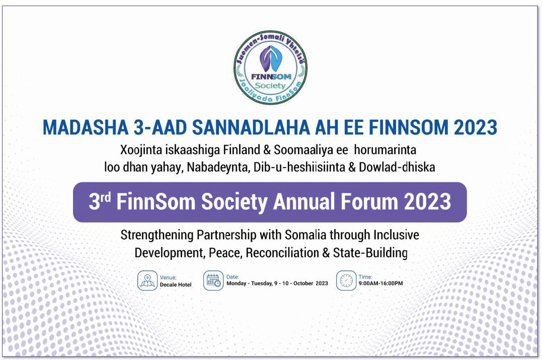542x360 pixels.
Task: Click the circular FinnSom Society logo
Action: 270,67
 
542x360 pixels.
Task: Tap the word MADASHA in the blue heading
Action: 86,127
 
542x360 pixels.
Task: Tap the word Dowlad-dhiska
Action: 397,167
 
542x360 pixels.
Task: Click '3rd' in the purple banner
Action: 100,201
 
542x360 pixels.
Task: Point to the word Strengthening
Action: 157,235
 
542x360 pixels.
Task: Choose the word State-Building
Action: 370,253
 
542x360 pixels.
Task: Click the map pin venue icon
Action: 147,280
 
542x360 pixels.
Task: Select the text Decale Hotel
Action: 176,285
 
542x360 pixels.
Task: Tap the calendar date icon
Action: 213,280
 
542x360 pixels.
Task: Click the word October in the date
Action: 303,283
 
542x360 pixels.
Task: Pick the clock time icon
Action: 346,280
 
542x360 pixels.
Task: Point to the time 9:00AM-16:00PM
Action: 380,283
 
